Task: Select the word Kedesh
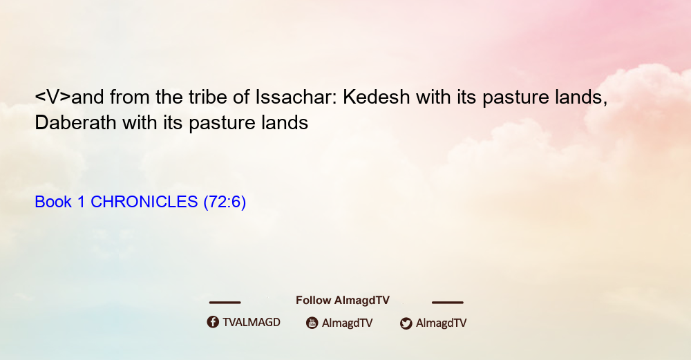pyautogui.click(x=377, y=97)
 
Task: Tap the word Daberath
pyautogui.click(x=75, y=122)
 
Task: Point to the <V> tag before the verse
pyautogui.click(x=53, y=97)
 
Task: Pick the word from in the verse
pyautogui.click(x=130, y=97)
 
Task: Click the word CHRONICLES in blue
pyautogui.click(x=144, y=202)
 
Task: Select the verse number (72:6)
pyautogui.click(x=225, y=202)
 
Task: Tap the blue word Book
pyautogui.click(x=53, y=202)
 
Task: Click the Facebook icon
pyautogui.click(x=213, y=322)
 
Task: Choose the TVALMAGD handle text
pyautogui.click(x=252, y=322)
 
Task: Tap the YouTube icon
pyautogui.click(x=312, y=323)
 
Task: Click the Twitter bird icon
pyautogui.click(x=406, y=323)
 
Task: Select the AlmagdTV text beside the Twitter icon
pyautogui.click(x=441, y=323)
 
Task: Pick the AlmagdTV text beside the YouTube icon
pyautogui.click(x=348, y=323)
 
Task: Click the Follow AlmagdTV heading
pyautogui.click(x=343, y=300)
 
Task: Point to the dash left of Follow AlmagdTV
pyautogui.click(x=225, y=302)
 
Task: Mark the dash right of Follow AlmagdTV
pyautogui.click(x=448, y=302)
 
